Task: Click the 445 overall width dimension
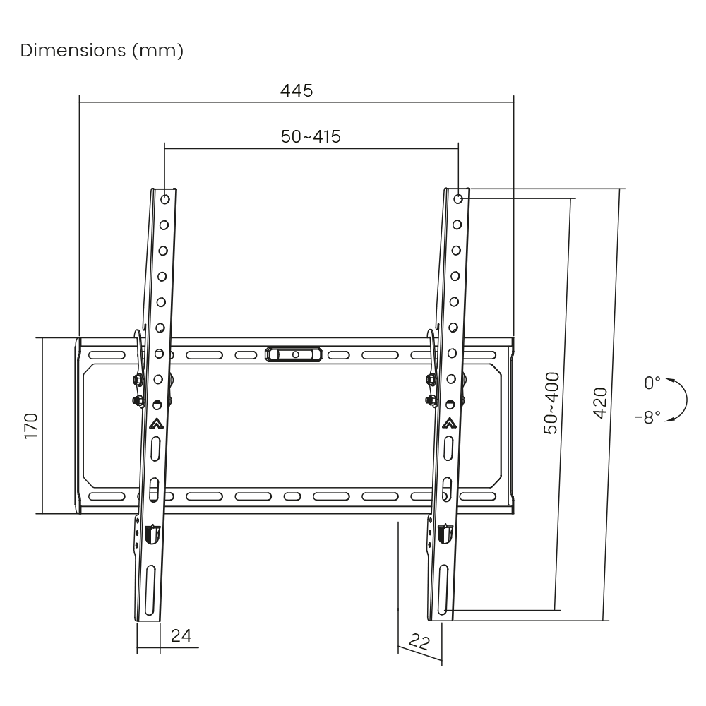297,91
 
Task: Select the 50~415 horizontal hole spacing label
311,137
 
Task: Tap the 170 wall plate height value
31,426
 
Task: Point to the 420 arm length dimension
600,403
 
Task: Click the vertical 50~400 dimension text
551,403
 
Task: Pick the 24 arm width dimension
181,636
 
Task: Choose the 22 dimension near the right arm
419,642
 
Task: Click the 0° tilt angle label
652,383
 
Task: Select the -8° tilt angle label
648,417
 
